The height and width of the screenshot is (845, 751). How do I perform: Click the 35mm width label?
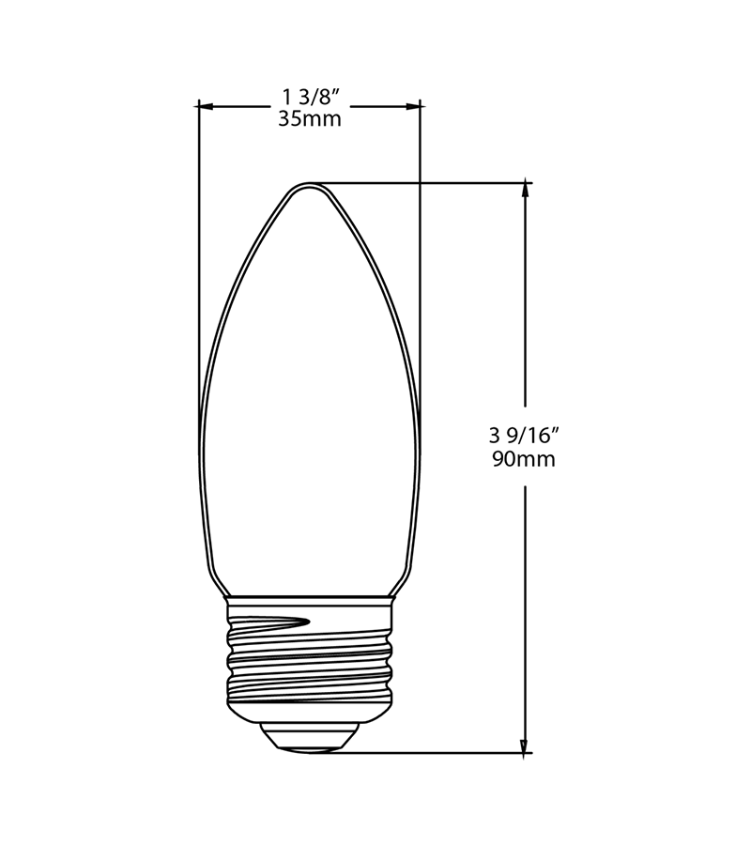(309, 119)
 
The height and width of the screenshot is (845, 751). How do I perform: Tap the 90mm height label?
(523, 460)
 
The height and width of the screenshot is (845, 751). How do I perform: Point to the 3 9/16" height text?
(524, 436)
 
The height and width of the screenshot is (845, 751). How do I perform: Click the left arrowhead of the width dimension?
(206, 106)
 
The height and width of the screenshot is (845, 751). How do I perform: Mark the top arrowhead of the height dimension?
(524, 189)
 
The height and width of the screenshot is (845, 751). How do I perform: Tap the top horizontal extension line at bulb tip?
(432, 182)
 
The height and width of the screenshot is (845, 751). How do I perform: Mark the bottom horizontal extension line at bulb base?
(441, 752)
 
